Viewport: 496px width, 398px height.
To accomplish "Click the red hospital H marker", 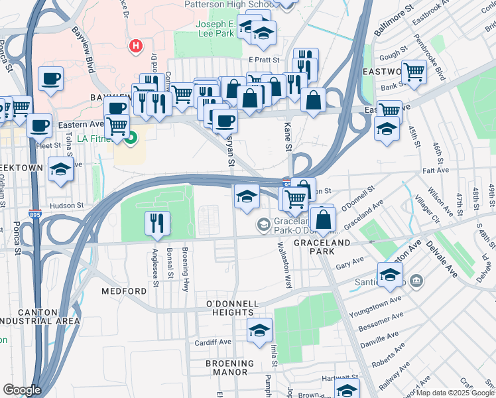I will pos(135,46).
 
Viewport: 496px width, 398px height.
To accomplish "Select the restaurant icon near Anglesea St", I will pos(157,224).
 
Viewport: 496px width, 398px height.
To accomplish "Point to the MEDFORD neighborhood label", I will pos(123,291).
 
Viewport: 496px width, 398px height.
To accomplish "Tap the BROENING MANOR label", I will pos(229,364).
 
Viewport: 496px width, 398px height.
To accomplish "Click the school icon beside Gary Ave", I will pos(390,273).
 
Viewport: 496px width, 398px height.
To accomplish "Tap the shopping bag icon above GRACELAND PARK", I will pos(322,219).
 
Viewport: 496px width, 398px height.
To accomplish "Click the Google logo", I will pos(22,390).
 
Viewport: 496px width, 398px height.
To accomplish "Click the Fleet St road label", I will pos(49,145).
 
